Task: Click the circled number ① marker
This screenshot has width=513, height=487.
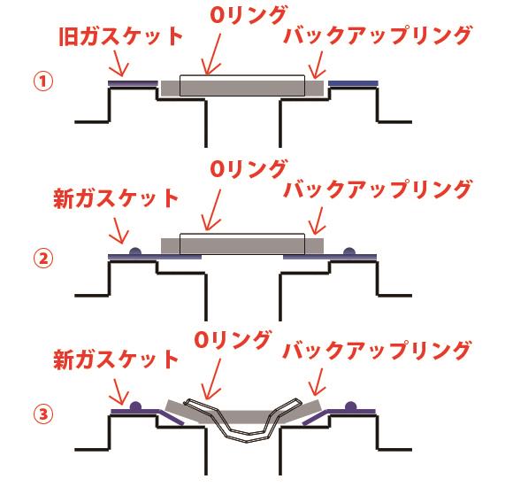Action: [43, 81]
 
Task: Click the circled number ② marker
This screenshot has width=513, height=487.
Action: [43, 259]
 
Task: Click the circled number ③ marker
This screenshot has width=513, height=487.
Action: [43, 414]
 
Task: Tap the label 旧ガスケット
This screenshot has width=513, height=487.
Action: [120, 35]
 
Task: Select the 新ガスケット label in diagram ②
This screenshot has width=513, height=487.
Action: [116, 198]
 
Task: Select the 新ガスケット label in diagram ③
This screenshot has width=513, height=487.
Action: [116, 359]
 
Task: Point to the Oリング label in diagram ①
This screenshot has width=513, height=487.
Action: [249, 14]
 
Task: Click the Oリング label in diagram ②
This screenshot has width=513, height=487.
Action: [249, 168]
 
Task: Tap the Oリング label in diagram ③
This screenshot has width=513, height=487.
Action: [233, 339]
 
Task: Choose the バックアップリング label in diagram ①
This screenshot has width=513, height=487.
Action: [378, 35]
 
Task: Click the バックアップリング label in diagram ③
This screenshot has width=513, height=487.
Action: [378, 350]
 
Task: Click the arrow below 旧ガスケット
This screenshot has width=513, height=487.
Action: [119, 63]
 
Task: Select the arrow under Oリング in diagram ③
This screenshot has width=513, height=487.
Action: [212, 379]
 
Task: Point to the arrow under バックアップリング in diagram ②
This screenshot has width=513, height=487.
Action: [318, 221]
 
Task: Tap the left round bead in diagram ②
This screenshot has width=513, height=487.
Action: [135, 251]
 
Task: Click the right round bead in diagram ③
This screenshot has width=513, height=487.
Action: [351, 406]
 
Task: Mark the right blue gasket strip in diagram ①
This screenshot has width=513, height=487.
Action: [353, 83]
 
